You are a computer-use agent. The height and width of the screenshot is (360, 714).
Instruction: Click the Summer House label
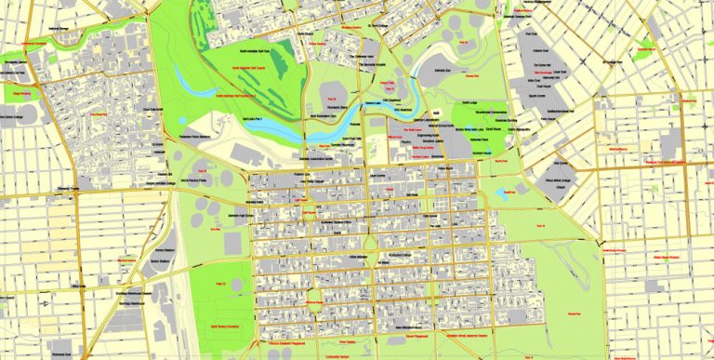481,152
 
